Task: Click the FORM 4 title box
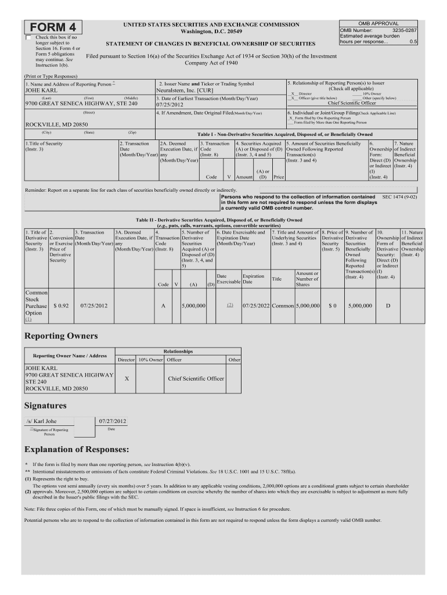53,28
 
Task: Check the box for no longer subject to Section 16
29,38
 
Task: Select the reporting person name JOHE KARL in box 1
41,91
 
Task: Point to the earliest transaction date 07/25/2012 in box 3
170,106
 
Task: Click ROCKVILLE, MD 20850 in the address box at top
56,125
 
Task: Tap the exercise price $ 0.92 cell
61,305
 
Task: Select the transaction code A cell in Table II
163,305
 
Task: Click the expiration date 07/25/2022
256,305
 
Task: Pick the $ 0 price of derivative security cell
333,305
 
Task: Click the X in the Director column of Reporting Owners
127,378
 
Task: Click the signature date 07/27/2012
113,421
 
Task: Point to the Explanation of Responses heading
77,450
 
